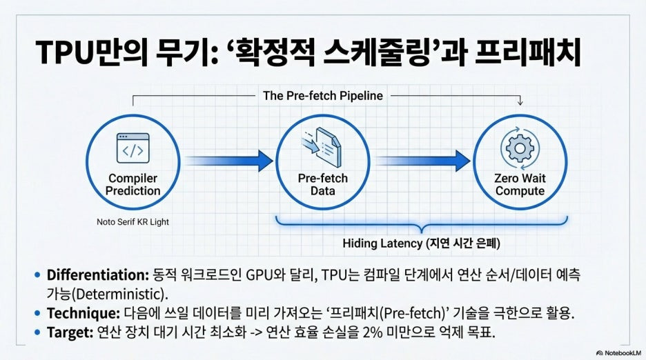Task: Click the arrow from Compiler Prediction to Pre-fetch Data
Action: coord(228,161)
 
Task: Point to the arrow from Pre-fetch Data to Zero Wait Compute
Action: coord(421,161)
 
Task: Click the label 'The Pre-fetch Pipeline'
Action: coord(323,96)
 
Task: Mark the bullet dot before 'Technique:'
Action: coord(36,312)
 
